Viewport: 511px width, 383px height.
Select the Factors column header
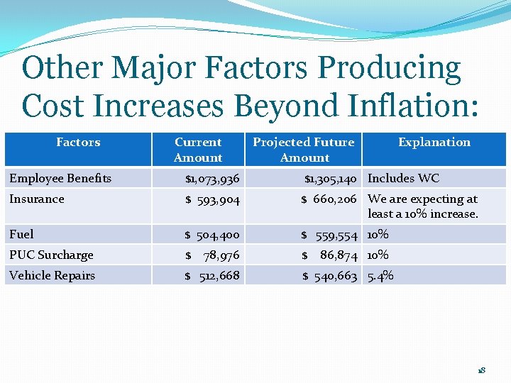(78, 143)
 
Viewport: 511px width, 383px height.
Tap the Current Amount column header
(198, 150)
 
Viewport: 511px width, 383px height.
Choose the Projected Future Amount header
(304, 150)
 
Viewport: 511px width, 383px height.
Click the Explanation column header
(434, 143)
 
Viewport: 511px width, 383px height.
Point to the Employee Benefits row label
(60, 178)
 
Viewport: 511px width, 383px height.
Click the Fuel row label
(21, 234)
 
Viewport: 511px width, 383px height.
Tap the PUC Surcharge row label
(51, 255)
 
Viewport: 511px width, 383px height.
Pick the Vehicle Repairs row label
(52, 275)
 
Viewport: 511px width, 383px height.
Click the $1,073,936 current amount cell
(212, 179)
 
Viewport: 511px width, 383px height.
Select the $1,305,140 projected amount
(331, 179)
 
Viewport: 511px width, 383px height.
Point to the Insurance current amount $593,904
(212, 200)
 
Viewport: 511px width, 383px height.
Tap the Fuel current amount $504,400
(212, 235)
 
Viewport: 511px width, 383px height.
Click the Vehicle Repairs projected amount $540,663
(330, 276)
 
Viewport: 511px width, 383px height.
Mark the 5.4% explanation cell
(380, 276)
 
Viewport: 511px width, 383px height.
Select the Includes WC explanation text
(404, 179)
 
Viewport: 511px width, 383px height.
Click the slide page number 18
(481, 370)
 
